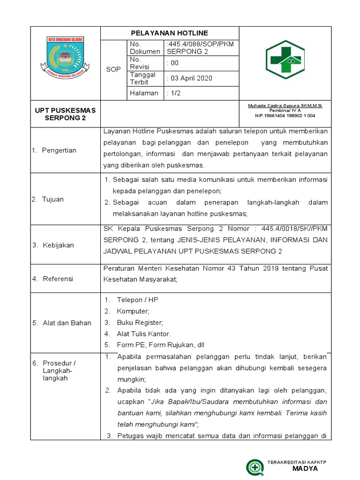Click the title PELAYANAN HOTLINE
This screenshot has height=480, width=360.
tap(169, 33)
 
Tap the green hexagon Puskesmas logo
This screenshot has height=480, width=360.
tap(285, 59)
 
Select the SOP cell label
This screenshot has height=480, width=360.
tap(113, 69)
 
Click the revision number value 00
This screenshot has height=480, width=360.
tap(172, 63)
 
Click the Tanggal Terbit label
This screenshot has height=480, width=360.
tap(143, 78)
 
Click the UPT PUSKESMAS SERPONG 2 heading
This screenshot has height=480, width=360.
tap(65, 114)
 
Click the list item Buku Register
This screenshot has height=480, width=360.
tap(139, 322)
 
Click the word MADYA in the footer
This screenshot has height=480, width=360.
tap(305, 469)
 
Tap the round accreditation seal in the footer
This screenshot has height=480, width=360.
tap(255, 467)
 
